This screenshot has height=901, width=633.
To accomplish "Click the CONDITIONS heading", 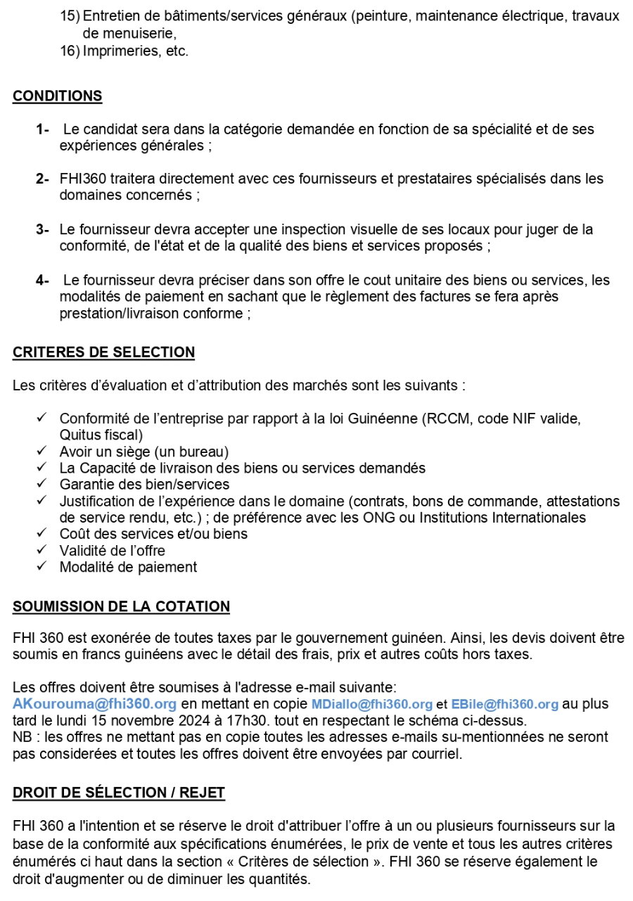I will (57, 96).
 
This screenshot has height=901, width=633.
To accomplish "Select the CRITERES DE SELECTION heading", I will (103, 352).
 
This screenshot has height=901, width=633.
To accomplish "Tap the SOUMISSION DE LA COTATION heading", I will (121, 606).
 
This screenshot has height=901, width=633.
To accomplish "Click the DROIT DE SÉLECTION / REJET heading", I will (119, 793).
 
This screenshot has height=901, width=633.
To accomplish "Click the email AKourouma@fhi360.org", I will (94, 704).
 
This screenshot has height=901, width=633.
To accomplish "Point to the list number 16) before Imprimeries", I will (70, 51).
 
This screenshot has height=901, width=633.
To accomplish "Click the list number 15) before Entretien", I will (70, 15).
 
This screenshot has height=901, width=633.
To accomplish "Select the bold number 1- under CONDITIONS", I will (43, 130).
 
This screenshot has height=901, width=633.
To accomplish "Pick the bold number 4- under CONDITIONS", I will (43, 281).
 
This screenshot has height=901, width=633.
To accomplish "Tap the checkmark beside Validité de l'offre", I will (41, 550).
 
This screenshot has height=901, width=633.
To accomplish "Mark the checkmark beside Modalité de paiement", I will (41, 566).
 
